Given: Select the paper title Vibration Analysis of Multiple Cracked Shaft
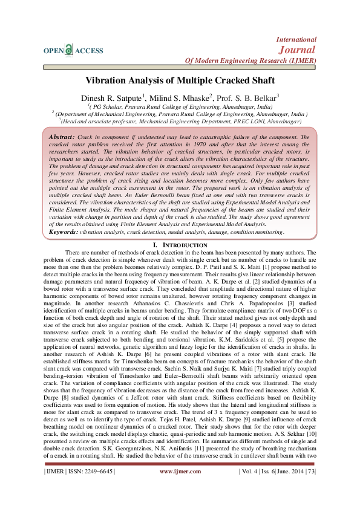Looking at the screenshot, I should pos(180,80).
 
